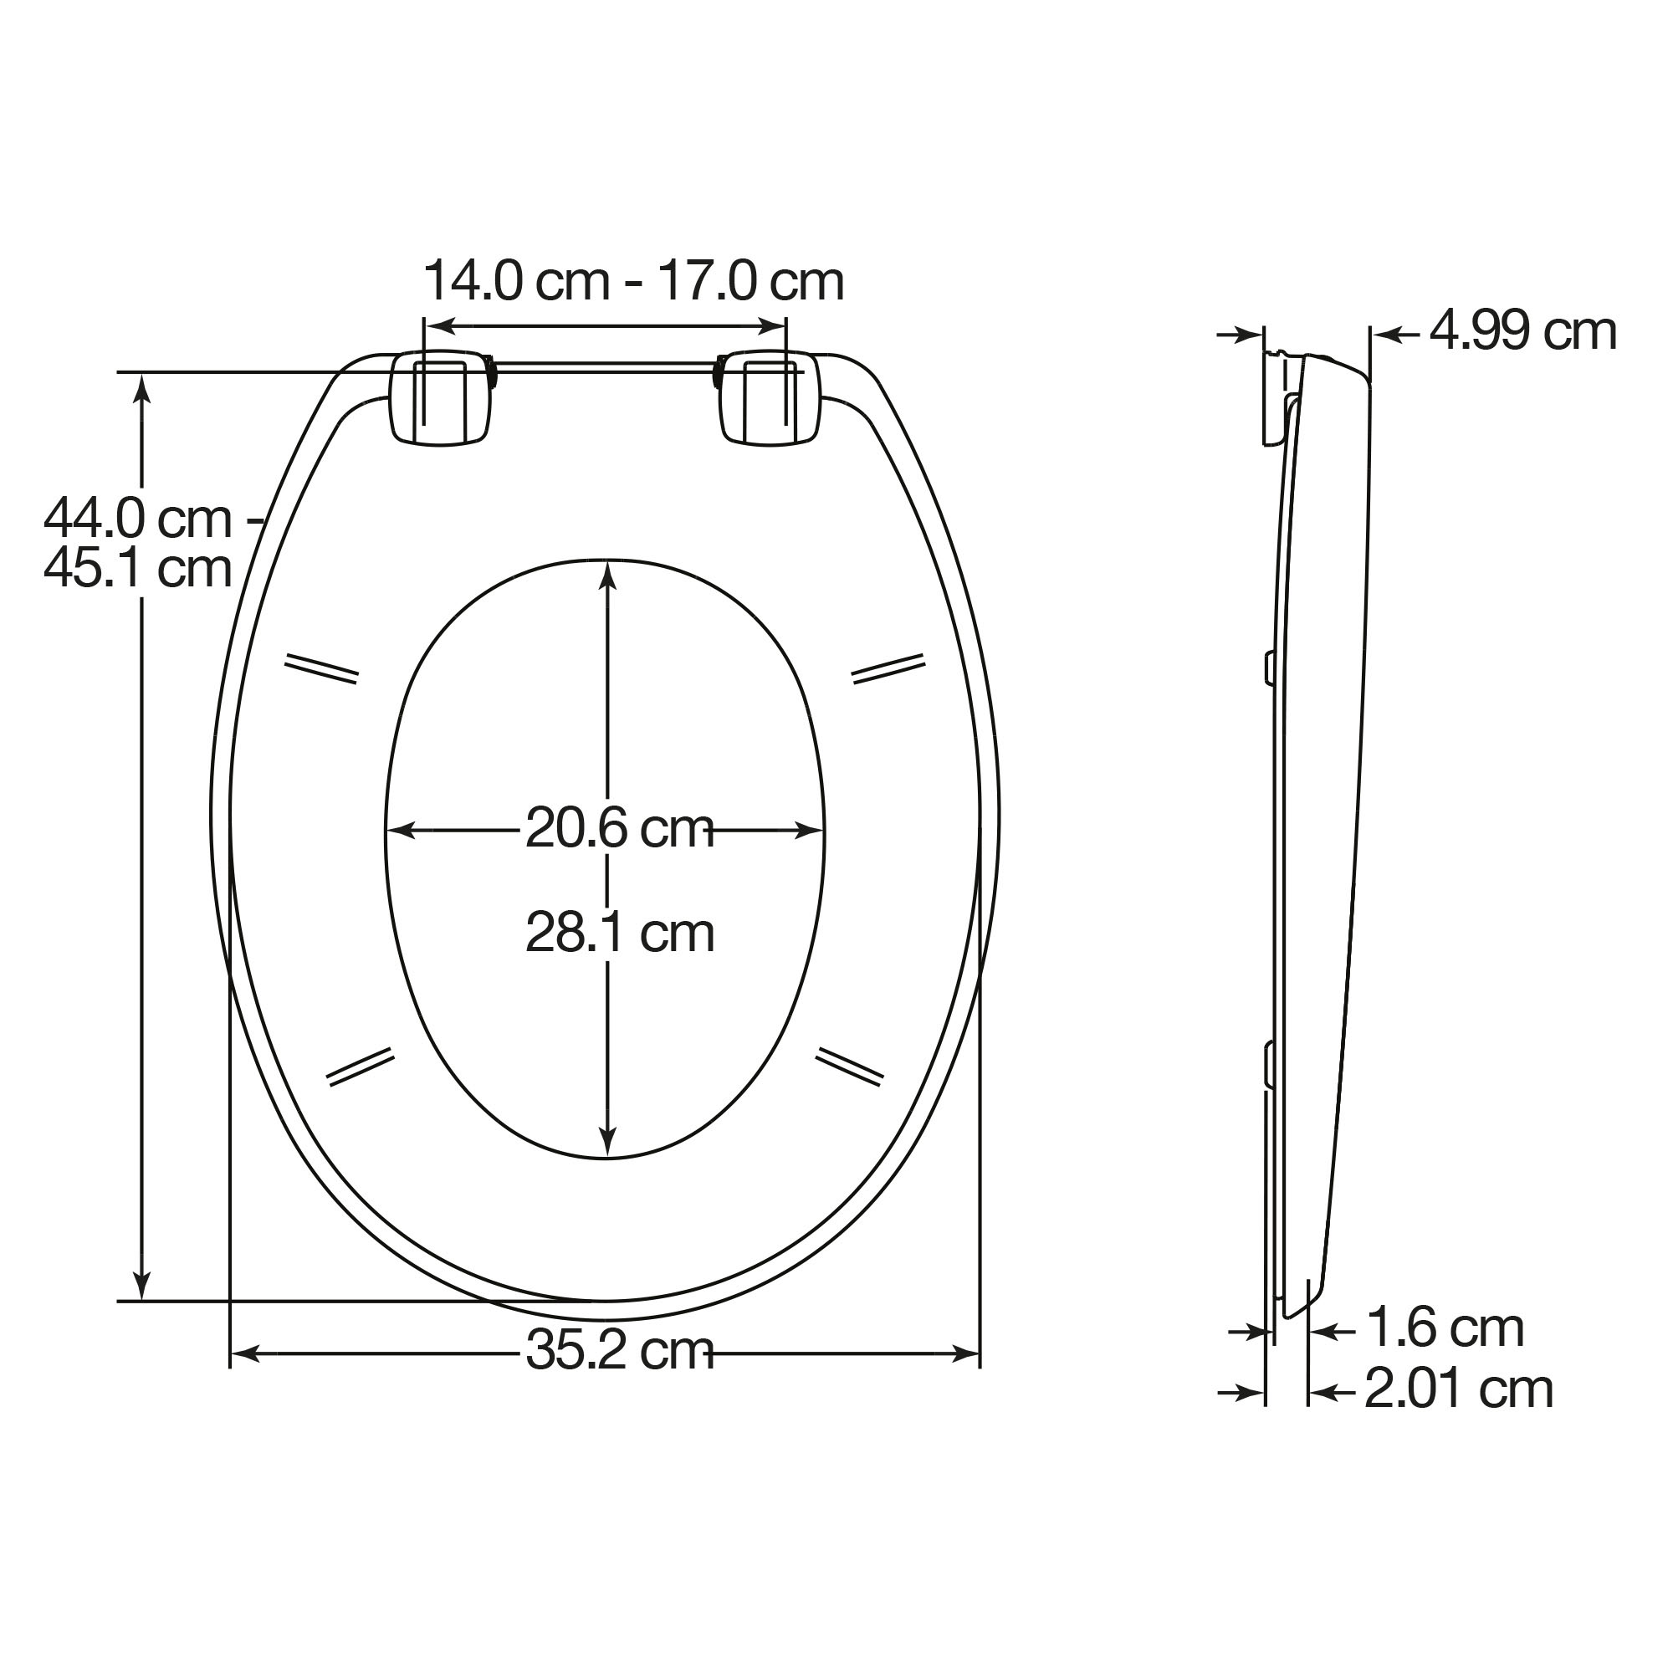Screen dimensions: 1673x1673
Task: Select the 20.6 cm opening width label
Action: tap(620, 829)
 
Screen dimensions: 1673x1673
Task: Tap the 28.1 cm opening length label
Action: tap(620, 933)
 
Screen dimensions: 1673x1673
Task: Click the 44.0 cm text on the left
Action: tap(139, 519)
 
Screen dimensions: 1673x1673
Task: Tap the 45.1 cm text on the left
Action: tap(139, 568)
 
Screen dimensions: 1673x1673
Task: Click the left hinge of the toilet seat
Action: tap(443, 398)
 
